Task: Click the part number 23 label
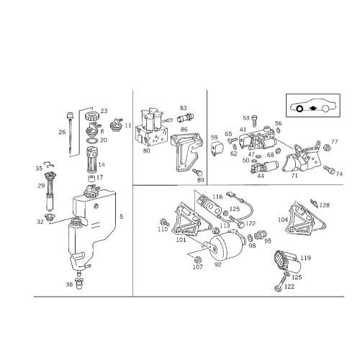[x=104, y=111]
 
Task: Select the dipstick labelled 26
[x=71, y=132]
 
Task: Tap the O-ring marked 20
[x=91, y=140]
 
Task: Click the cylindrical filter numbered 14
[x=91, y=160]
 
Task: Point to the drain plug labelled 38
[x=79, y=284]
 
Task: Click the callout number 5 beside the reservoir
[x=121, y=217]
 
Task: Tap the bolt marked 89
[x=197, y=172]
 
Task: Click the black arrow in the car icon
[x=312, y=108]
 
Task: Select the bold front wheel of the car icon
[x=300, y=109]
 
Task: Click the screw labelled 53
[x=254, y=121]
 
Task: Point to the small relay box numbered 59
[x=217, y=148]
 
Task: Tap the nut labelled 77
[x=326, y=147]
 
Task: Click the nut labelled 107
[x=197, y=259]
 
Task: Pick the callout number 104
[x=283, y=220]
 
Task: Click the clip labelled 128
[x=314, y=203]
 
